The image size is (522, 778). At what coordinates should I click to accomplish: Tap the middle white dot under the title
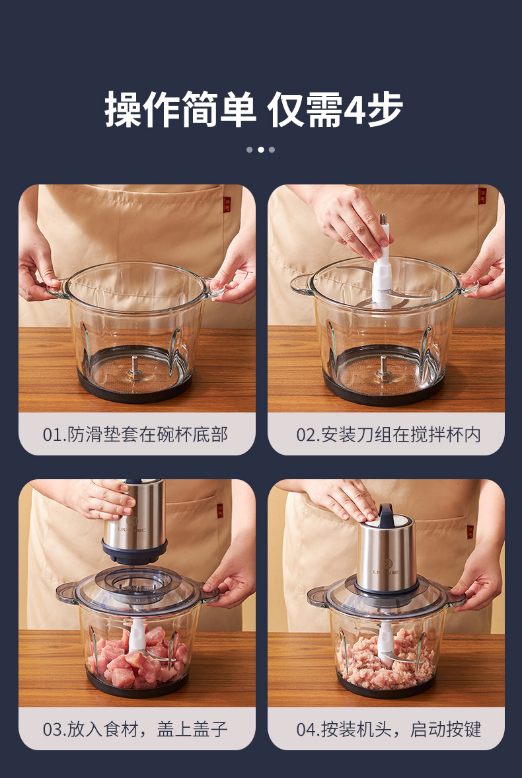(260, 149)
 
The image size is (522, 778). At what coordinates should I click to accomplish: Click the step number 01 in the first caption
(51, 435)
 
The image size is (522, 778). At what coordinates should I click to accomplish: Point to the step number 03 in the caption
(51, 729)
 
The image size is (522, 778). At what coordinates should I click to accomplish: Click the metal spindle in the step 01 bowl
(135, 367)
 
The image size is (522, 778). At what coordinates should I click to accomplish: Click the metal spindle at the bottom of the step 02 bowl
(383, 368)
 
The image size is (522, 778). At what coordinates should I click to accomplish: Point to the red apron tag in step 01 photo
(227, 204)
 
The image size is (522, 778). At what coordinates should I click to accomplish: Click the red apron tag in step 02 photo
(482, 196)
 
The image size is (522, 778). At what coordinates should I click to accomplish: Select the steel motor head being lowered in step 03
(134, 520)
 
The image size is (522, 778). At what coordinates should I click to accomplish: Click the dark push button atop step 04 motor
(385, 512)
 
